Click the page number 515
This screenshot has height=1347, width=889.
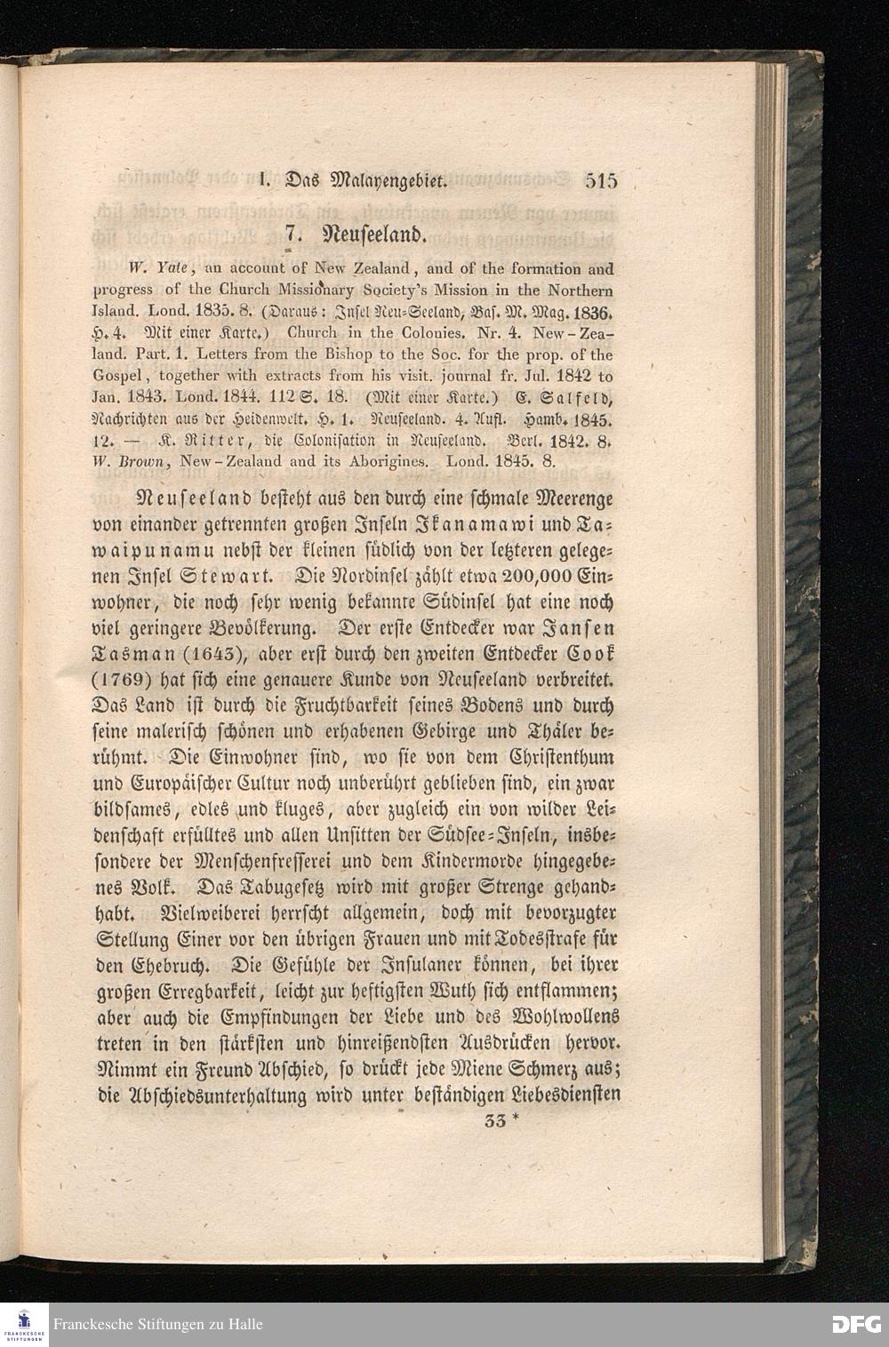click(x=601, y=182)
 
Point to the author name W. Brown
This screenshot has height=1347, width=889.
click(x=133, y=462)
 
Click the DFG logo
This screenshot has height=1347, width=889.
click(x=855, y=1324)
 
